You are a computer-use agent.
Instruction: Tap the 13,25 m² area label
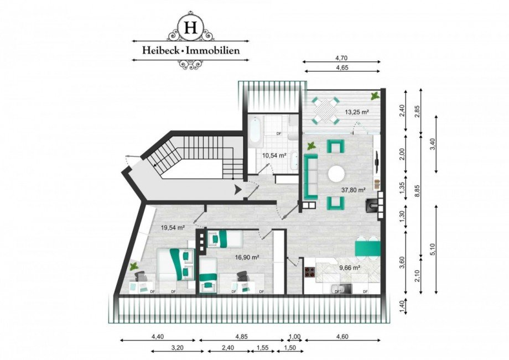357,111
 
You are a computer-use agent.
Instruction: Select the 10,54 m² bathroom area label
274,155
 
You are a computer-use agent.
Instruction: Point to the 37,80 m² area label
354,190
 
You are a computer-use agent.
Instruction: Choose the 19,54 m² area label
172,227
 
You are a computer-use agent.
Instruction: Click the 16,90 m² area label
247,257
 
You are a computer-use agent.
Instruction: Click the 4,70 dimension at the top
341,56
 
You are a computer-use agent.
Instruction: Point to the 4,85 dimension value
241,336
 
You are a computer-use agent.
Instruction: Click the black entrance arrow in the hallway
238,190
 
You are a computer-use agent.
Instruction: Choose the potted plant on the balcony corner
376,96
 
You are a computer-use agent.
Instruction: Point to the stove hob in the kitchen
309,272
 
